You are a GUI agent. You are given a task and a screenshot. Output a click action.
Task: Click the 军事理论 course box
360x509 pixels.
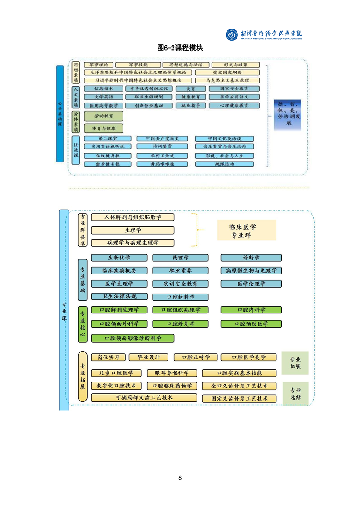point(97,65)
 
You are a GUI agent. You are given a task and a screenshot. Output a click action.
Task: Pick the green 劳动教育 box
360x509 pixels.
point(104,116)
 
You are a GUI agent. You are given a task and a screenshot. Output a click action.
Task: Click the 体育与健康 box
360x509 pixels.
point(104,128)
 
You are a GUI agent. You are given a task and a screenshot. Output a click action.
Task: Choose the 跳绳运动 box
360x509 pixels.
point(224,164)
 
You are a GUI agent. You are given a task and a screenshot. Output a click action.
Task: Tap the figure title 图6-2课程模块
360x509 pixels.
point(180,48)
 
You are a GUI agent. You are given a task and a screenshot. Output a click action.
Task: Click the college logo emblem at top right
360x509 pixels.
point(232,34)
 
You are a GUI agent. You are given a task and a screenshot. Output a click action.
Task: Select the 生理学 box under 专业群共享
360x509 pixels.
point(133,230)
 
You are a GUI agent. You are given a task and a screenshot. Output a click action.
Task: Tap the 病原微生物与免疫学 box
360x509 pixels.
point(251,271)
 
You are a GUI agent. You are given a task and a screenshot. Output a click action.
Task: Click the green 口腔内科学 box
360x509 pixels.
point(251,310)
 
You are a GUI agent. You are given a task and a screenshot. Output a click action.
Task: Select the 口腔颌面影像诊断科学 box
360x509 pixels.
point(133,338)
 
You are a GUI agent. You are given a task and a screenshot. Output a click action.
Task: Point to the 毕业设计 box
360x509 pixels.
point(148,357)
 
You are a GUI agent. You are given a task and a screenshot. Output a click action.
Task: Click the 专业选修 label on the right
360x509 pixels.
point(295,393)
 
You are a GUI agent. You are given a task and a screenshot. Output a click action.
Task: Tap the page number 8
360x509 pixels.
point(180,478)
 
